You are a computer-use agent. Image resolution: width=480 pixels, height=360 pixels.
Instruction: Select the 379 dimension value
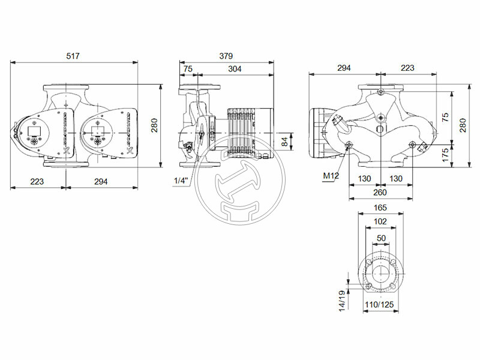coord(226,56)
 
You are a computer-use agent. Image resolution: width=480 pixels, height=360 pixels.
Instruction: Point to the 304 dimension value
coord(235,69)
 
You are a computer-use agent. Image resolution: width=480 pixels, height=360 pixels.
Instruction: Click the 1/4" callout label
coord(181,181)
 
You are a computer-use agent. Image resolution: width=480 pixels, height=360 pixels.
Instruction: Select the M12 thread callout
coord(331,175)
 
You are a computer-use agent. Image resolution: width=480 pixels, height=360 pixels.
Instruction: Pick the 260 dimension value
coord(380,193)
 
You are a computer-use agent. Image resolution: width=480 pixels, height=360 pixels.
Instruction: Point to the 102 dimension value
coord(380,222)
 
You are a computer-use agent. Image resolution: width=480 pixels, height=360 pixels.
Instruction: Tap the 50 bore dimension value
coord(380,238)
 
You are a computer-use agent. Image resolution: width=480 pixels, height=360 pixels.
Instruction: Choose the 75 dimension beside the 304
coord(188,69)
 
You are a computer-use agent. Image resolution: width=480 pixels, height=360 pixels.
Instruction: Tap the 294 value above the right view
coord(344,68)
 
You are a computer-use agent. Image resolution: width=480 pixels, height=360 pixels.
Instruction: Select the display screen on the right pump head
coord(98,128)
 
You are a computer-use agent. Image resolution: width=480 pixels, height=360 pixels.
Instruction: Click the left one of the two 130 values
coord(365,179)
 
